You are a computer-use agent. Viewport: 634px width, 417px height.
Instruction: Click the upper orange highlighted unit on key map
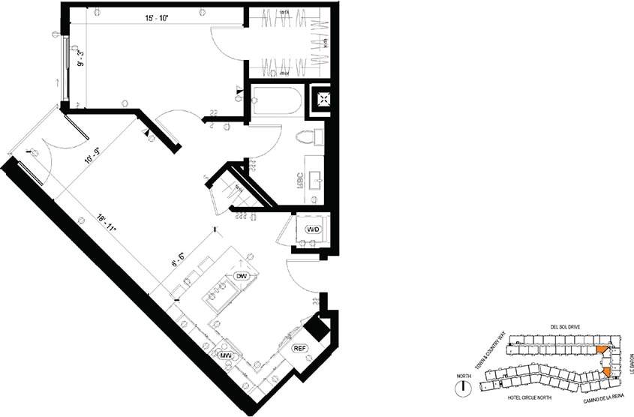coord(602,349)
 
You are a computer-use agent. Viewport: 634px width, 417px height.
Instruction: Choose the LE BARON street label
coord(623,364)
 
